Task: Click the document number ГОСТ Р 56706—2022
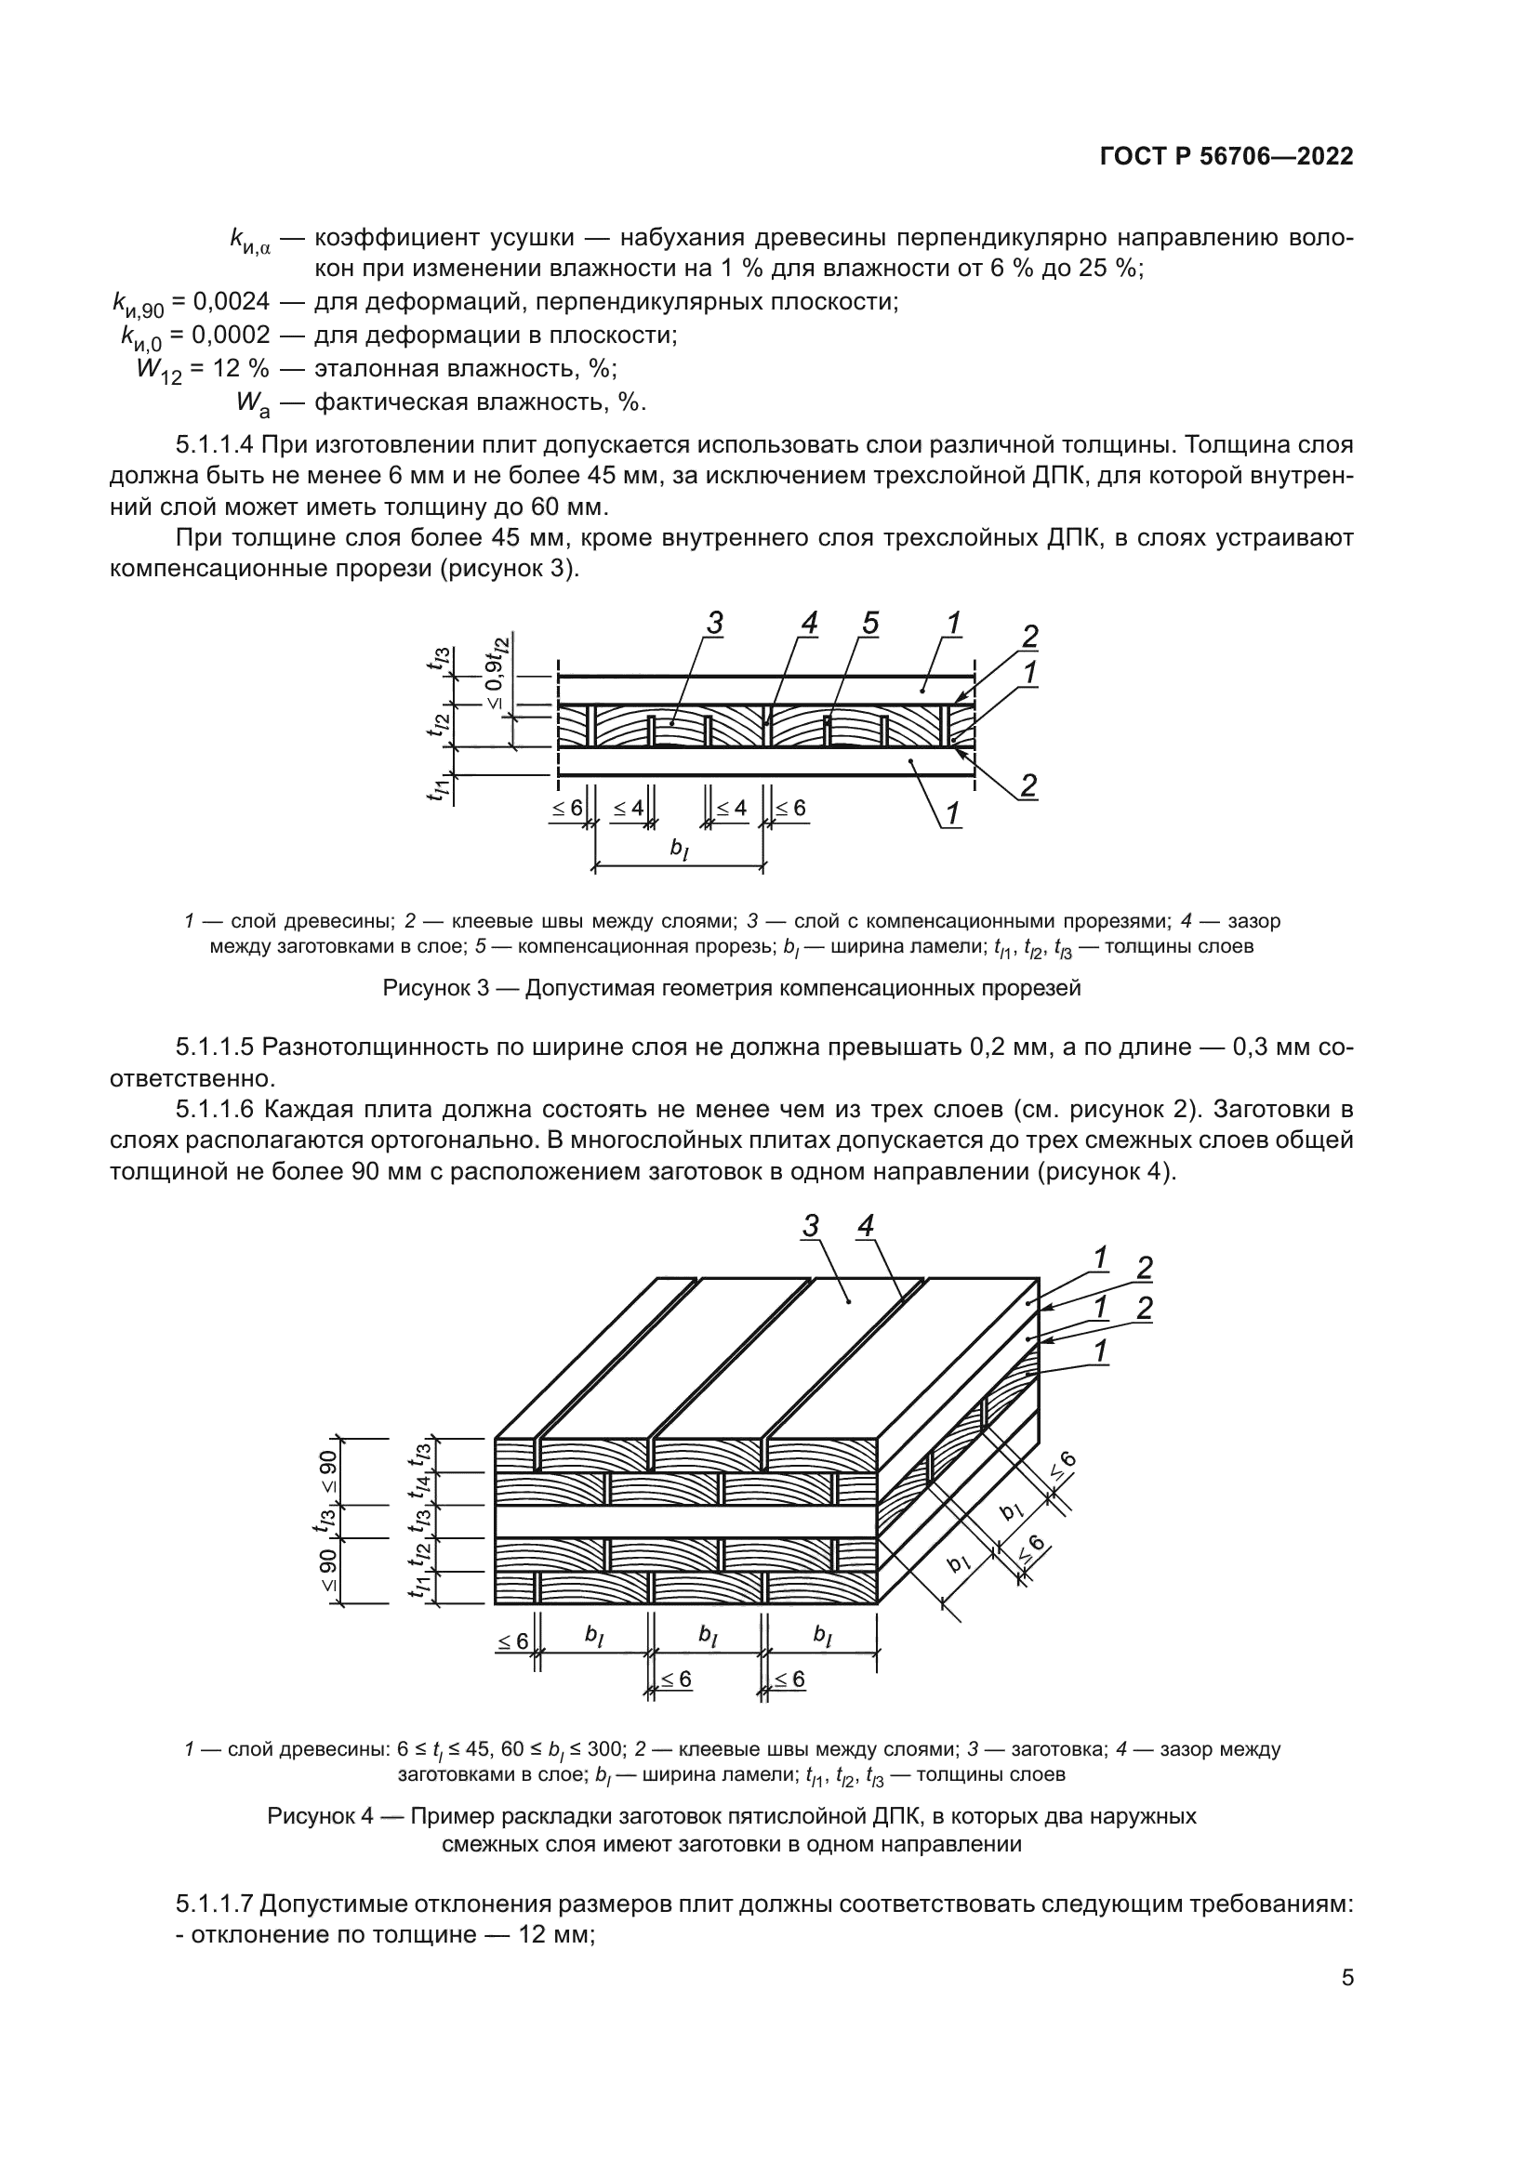coord(1226,157)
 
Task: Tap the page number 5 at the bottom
coord(1346,1978)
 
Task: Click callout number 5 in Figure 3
coord(870,624)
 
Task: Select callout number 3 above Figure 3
coord(714,624)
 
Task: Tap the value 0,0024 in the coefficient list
coord(232,302)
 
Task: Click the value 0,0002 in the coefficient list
coord(232,336)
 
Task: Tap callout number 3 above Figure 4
coord(811,1226)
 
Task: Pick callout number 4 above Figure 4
coord(865,1226)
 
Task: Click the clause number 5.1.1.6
coord(215,1108)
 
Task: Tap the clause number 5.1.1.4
coord(215,444)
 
